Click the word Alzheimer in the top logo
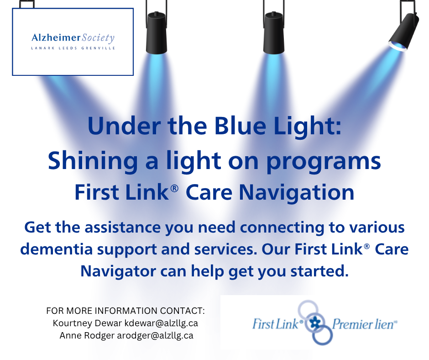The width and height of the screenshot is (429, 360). tap(56, 37)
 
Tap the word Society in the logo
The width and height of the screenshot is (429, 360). tap(98, 38)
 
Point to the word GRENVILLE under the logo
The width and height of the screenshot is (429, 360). tap(98, 48)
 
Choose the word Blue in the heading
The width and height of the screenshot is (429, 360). tap(240, 126)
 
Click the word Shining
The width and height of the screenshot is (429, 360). tap(93, 161)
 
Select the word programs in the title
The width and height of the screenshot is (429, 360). tap(324, 162)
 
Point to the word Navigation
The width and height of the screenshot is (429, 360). tap(297, 193)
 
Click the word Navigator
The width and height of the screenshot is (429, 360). tap(118, 272)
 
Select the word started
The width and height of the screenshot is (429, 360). tap(319, 271)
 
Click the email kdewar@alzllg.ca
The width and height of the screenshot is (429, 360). tap(161, 323)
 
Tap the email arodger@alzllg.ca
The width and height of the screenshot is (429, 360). tap(155, 336)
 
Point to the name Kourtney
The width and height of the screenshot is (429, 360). tap(72, 323)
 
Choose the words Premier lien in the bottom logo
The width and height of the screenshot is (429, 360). tap(364, 324)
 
